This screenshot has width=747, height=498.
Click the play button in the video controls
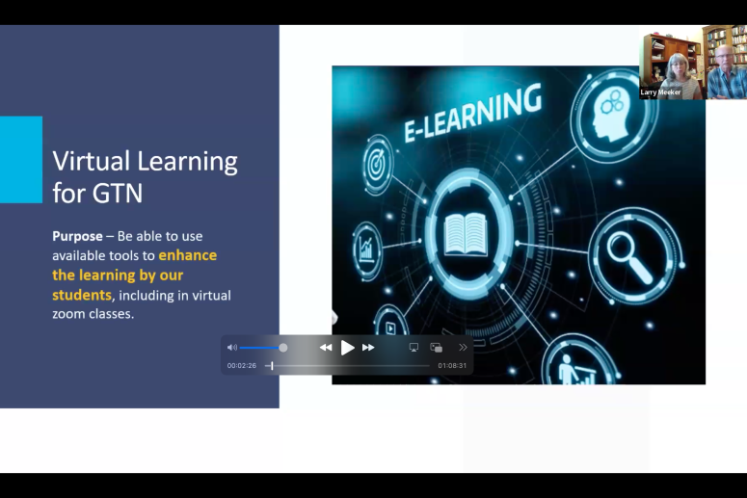coord(348,348)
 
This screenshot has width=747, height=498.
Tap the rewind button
coord(326,348)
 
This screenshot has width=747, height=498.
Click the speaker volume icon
coord(232,348)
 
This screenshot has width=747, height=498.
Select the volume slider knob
coord(283,348)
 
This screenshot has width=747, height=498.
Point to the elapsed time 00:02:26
coord(242,366)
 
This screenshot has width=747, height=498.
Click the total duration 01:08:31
coord(452,366)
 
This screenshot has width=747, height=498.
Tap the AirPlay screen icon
coord(414,348)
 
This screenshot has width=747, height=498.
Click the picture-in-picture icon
coord(437,348)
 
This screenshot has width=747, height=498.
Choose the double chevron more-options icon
coord(463,348)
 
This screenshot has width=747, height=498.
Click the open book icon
coord(466,234)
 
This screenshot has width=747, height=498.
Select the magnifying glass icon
coord(629,257)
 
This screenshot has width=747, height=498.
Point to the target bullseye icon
coord(377,165)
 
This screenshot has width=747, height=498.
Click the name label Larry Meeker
coord(660,92)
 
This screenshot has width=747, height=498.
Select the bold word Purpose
coord(78,236)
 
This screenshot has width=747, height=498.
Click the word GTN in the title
coord(118,193)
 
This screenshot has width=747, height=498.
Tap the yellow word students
coord(82,295)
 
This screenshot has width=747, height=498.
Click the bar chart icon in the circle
coord(366,249)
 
